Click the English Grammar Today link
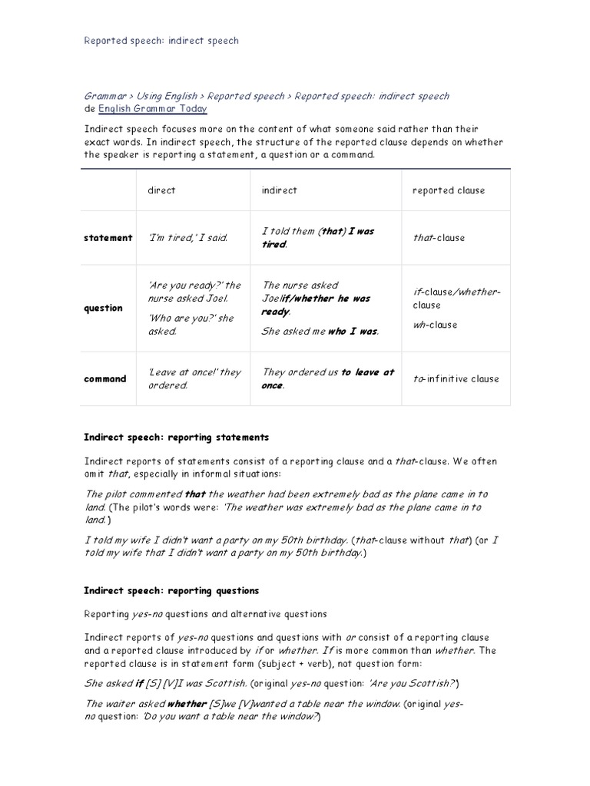152,110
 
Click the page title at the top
161,41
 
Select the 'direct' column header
161,190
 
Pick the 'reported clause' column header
449,190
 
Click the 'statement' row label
108,238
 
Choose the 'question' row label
103,308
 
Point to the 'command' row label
105,378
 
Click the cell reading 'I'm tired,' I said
188,238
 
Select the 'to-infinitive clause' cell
456,378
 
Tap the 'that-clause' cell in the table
439,238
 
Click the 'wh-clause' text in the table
435,325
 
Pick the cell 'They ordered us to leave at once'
328,378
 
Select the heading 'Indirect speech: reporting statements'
176,437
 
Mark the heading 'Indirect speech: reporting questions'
171,591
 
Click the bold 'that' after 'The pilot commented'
195,494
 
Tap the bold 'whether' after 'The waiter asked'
187,703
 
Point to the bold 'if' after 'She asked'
140,683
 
